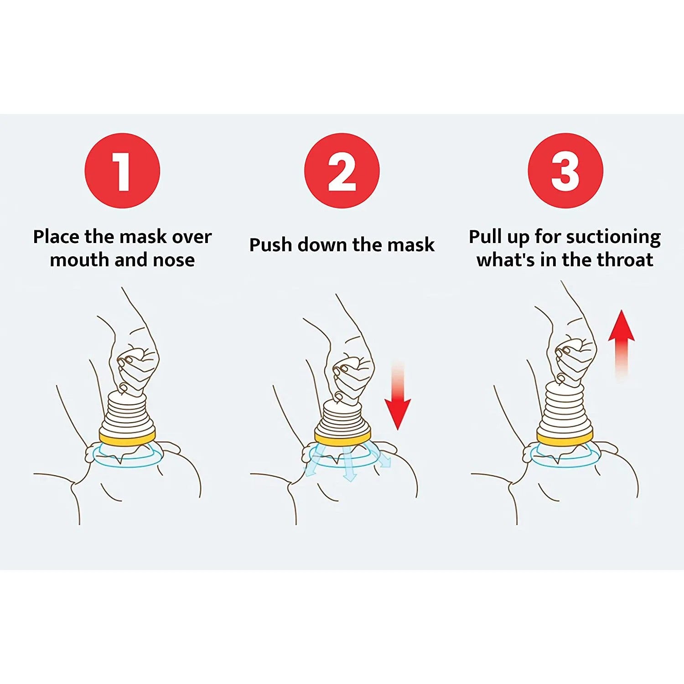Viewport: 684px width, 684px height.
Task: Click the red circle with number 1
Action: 122,171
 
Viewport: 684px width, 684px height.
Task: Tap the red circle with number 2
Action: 342,171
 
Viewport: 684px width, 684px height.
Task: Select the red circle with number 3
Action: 565,171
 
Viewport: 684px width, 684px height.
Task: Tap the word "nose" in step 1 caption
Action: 174,260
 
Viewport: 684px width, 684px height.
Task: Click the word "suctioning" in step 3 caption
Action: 613,237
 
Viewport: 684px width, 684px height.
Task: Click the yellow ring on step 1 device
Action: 127,438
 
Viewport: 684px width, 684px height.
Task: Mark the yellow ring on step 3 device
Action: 565,438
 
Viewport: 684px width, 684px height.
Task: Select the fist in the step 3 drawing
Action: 574,358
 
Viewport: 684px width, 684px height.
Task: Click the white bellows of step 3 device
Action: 565,408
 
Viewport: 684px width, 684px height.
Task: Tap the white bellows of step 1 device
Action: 127,413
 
